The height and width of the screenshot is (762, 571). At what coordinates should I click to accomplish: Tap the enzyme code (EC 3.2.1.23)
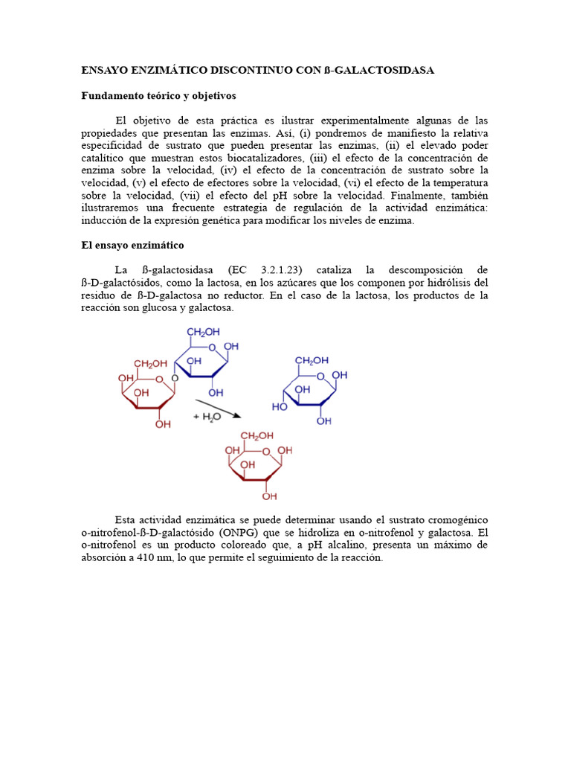pyautogui.click(x=270, y=269)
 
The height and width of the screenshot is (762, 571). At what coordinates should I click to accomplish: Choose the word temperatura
pyautogui.click(x=459, y=183)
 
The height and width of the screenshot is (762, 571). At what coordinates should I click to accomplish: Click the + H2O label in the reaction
pyautogui.click(x=208, y=418)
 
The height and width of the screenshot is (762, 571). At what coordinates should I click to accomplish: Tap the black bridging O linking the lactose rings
pyautogui.click(x=174, y=378)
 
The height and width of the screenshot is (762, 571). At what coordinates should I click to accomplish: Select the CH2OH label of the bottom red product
pyautogui.click(x=256, y=435)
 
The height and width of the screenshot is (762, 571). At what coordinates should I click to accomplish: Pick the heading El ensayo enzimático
pyautogui.click(x=132, y=245)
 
